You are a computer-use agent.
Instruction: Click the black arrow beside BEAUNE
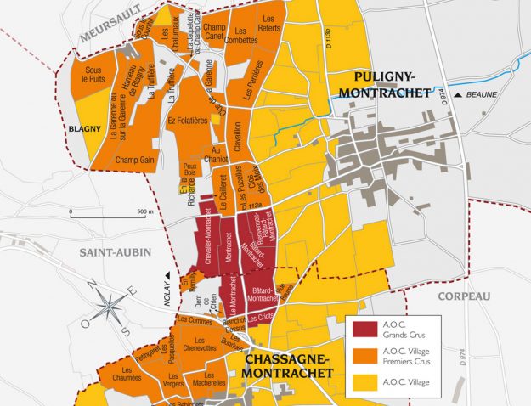pos(458,95)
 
